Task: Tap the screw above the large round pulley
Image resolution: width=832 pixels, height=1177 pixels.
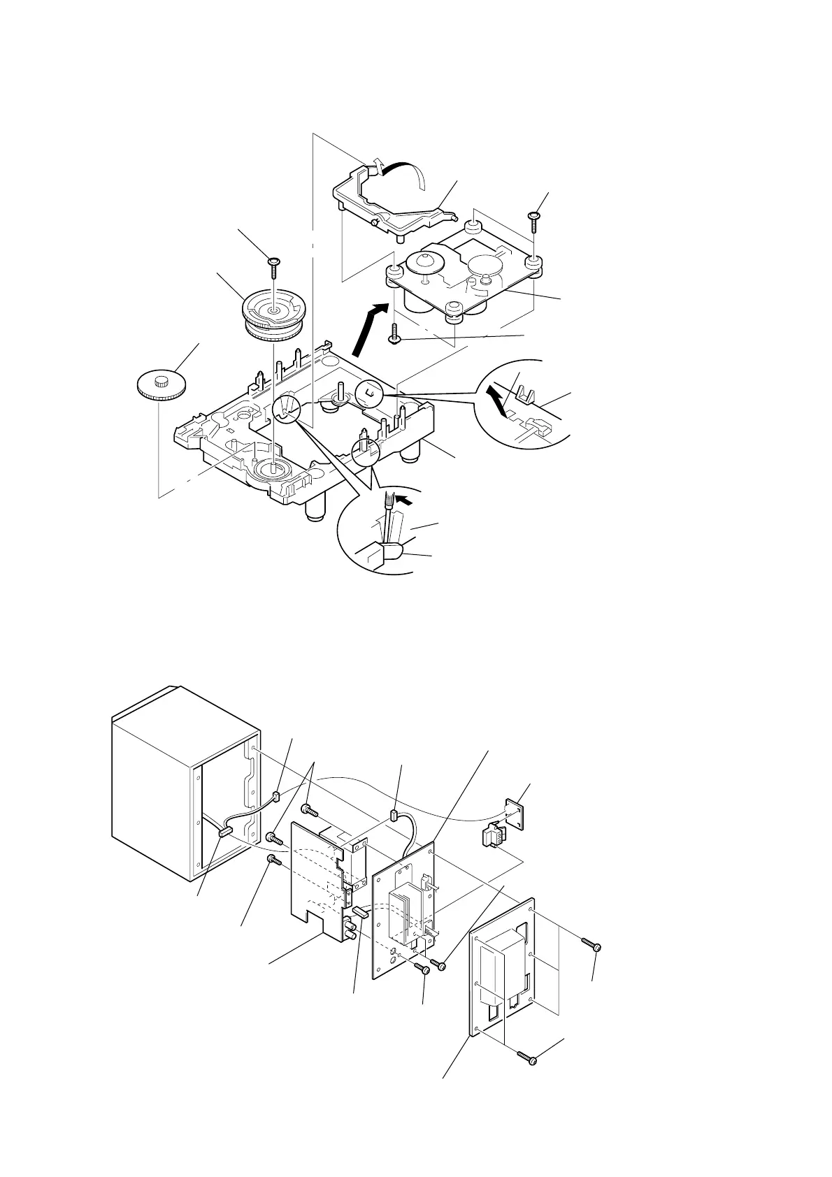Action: click(x=273, y=264)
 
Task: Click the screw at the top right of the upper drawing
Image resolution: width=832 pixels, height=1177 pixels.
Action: click(x=534, y=219)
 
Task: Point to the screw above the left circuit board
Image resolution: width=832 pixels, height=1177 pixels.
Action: click(x=308, y=810)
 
